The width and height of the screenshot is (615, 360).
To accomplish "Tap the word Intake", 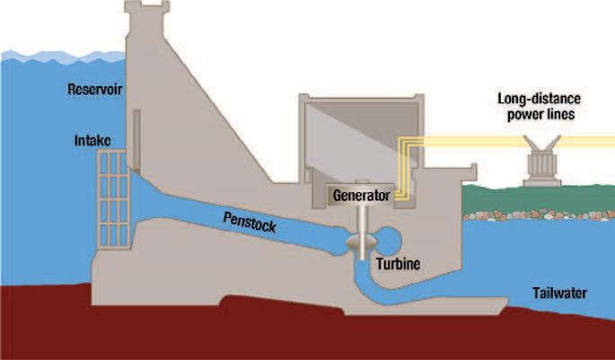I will pyautogui.click(x=92, y=141).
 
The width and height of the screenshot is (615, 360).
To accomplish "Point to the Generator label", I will pyautogui.click(x=361, y=193).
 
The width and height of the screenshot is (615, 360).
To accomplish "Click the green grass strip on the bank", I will pyautogui.click(x=539, y=199).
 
